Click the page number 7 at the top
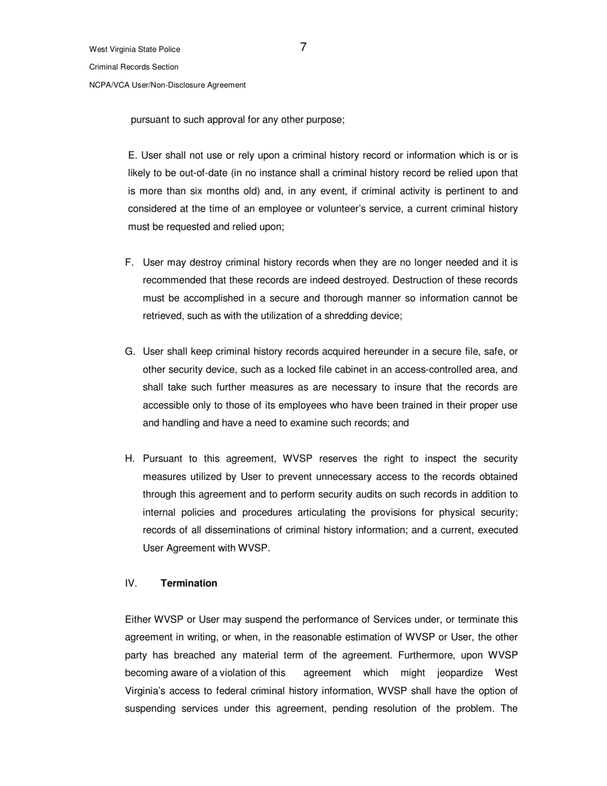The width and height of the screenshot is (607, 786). click(303, 47)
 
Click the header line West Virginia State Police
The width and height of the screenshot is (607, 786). click(134, 49)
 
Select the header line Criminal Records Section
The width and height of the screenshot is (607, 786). click(134, 67)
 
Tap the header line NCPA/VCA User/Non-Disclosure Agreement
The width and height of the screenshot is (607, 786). click(167, 85)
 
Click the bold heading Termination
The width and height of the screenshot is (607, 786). click(188, 583)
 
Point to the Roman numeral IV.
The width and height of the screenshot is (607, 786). click(131, 583)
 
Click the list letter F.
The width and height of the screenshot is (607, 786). click(129, 263)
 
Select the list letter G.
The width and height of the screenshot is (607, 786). click(130, 351)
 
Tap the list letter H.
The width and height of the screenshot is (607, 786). click(130, 459)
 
